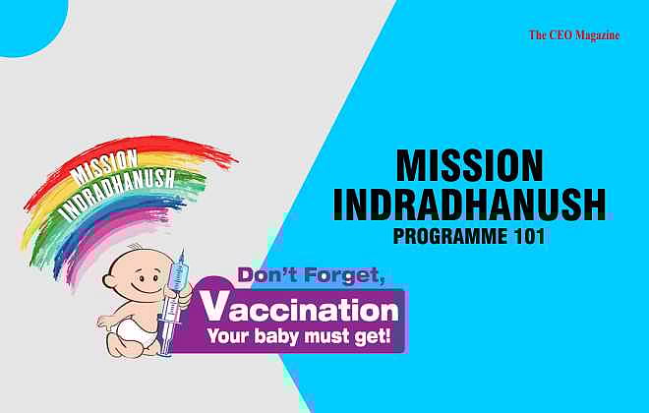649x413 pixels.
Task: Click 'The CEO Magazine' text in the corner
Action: [x=574, y=34]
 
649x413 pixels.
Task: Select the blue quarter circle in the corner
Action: [x=25, y=20]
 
